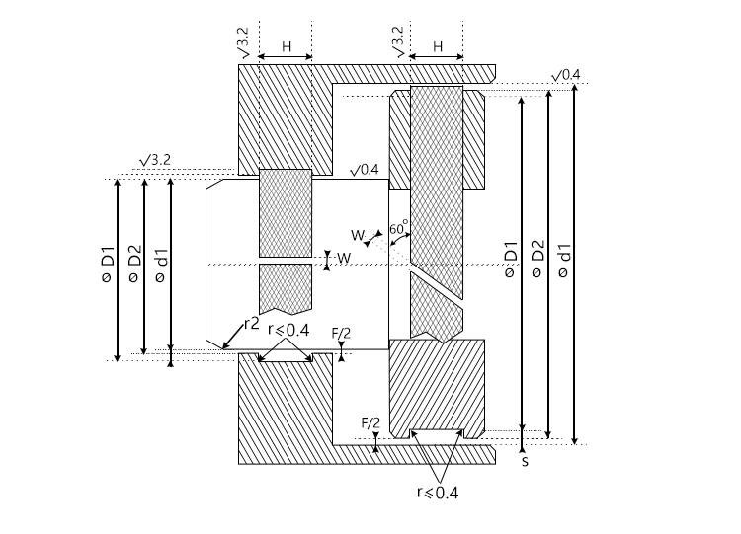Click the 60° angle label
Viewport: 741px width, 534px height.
point(399,228)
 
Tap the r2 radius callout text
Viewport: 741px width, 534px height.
point(252,324)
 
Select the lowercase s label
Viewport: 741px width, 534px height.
point(525,461)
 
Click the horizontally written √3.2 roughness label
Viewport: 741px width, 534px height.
point(155,160)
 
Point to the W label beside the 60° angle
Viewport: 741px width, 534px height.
point(358,235)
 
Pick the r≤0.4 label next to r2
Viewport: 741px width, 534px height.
point(288,330)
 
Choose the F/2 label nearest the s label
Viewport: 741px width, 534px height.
point(370,423)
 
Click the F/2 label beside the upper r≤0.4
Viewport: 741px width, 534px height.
point(341,334)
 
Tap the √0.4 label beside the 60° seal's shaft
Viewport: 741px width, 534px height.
point(365,170)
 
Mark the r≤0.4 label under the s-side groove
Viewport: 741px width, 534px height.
point(438,493)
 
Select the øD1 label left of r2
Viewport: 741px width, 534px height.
point(109,264)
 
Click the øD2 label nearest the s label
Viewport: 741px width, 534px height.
point(538,259)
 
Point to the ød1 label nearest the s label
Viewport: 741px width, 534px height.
point(565,261)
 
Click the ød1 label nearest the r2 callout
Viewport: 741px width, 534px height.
point(162,265)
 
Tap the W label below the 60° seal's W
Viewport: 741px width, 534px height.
point(344,258)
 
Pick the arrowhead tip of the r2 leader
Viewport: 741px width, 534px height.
point(222,348)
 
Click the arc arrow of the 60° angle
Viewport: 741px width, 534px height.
point(400,239)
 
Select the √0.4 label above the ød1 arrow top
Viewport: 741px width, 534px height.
point(566,75)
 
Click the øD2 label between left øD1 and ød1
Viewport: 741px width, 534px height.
point(135,264)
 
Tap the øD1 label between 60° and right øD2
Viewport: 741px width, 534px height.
point(512,260)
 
